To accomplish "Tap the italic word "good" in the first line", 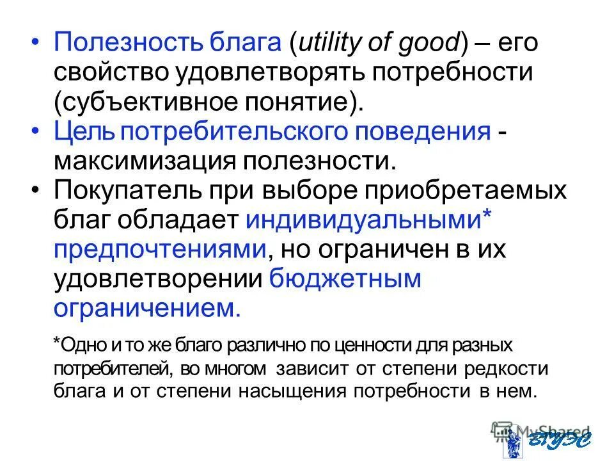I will point(425,44).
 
